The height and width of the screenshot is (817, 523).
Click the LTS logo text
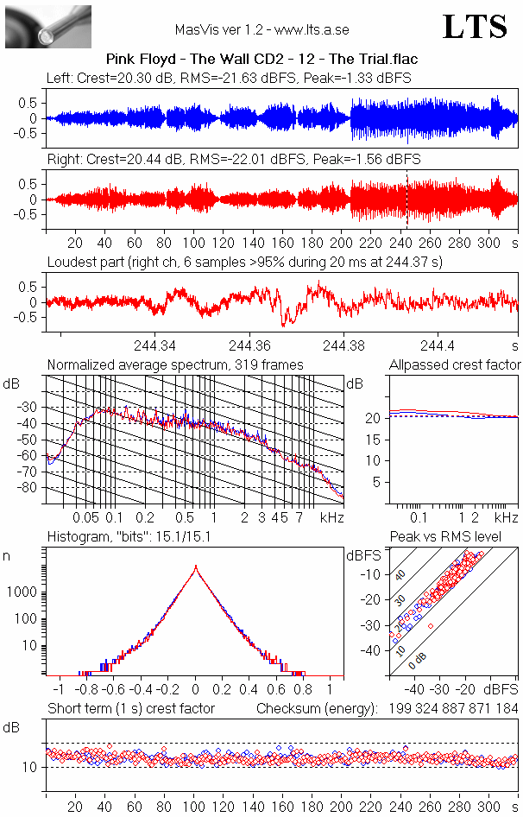click(475, 27)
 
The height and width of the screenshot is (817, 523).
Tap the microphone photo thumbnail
click(48, 26)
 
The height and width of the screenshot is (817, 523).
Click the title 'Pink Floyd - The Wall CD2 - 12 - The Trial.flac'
click(261, 60)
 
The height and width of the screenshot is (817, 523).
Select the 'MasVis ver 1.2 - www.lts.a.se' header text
click(261, 29)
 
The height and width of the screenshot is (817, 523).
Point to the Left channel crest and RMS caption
click(229, 79)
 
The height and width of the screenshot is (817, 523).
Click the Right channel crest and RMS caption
click(233, 159)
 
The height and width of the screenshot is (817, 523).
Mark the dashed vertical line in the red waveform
click(406, 199)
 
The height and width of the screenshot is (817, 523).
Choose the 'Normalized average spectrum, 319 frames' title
click(175, 365)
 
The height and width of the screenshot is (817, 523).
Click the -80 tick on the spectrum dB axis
click(30, 488)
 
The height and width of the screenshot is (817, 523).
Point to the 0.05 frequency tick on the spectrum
click(85, 516)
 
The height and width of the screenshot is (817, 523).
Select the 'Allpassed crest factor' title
click(455, 365)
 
